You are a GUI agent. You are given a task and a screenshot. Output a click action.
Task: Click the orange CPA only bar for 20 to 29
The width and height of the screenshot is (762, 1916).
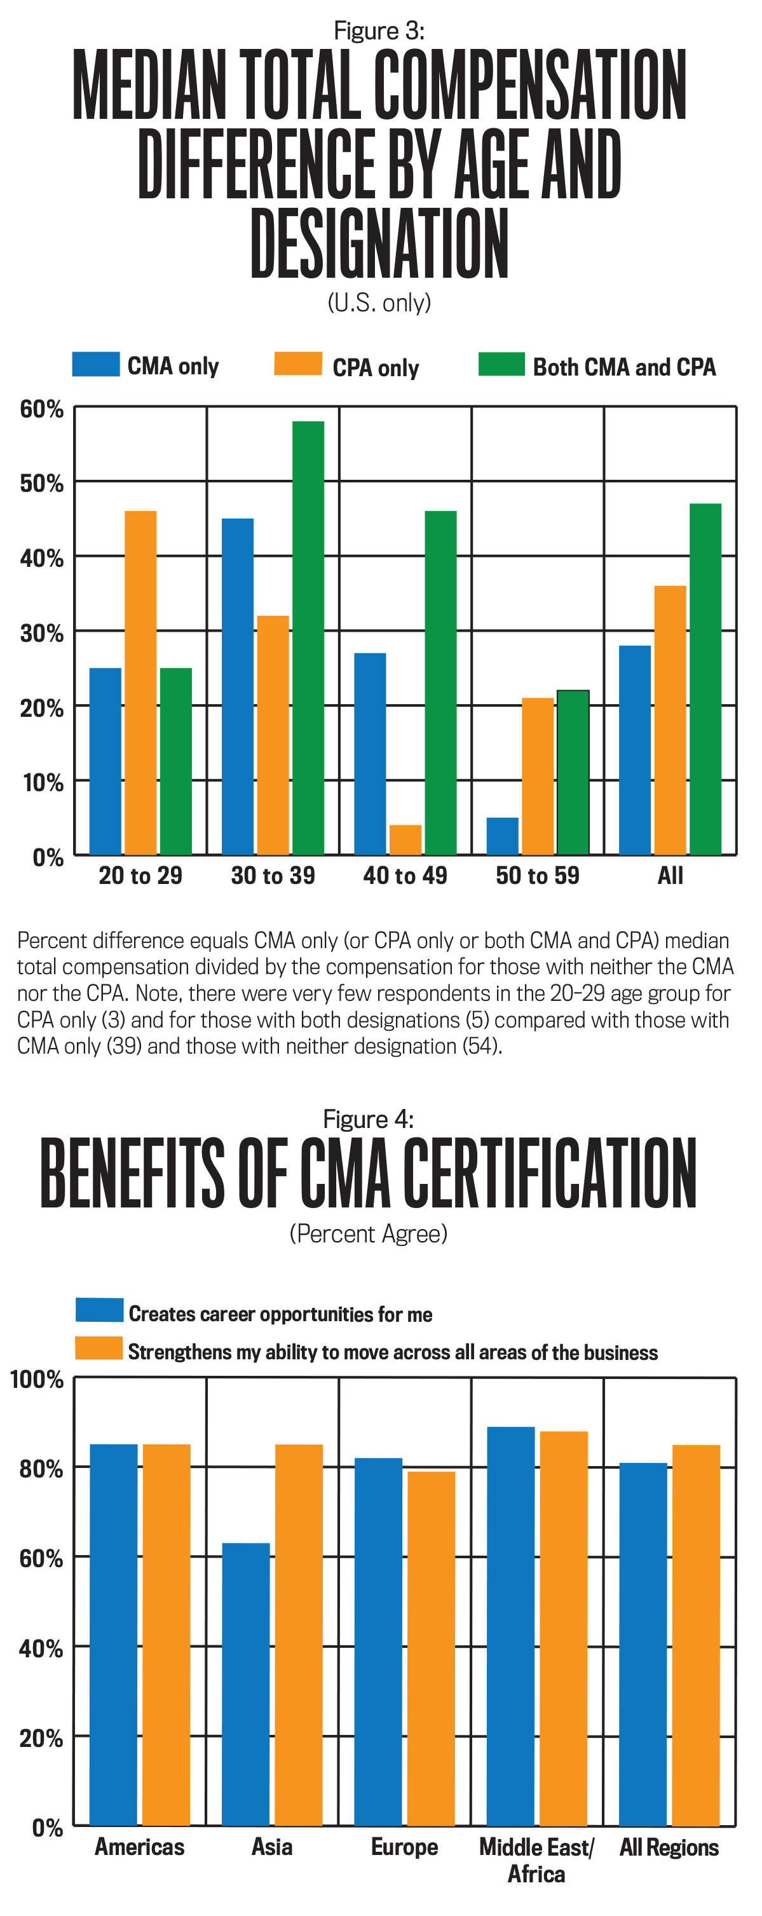coord(140,682)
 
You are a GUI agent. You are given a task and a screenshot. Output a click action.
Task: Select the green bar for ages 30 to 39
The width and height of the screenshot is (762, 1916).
coord(308,637)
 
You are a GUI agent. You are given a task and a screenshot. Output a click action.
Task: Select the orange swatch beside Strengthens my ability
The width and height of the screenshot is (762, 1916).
coord(99,1349)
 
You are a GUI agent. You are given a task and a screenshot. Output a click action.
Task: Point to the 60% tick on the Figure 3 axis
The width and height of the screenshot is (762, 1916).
coord(42,409)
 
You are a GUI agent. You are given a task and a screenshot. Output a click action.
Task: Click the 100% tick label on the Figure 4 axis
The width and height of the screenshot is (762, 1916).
coord(36,1380)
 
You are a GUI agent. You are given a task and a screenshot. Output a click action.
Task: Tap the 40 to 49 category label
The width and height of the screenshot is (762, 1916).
coord(405,876)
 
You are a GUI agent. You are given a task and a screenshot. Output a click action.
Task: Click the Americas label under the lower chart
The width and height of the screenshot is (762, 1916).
coord(140,1847)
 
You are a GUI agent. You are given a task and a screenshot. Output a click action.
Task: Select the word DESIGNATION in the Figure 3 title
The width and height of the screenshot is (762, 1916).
coord(379,243)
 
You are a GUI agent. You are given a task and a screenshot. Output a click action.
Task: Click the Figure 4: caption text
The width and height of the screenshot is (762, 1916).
coord(369,1119)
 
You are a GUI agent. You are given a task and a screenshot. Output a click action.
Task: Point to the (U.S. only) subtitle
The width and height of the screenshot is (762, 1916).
coord(379,302)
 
